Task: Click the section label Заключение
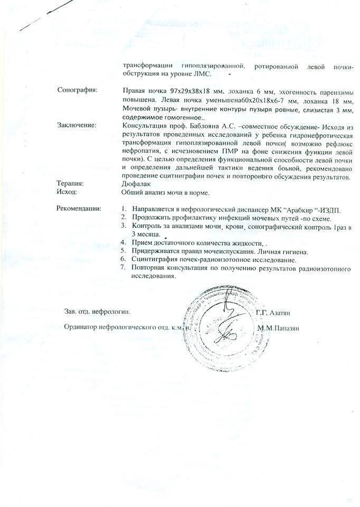pos(77,125)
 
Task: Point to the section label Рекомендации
pos(79,208)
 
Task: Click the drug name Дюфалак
pos(137,184)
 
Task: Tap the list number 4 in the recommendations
pos(122,242)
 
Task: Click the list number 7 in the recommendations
pos(122,268)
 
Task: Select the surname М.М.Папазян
pos(278,328)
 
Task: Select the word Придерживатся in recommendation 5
pos(157,251)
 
